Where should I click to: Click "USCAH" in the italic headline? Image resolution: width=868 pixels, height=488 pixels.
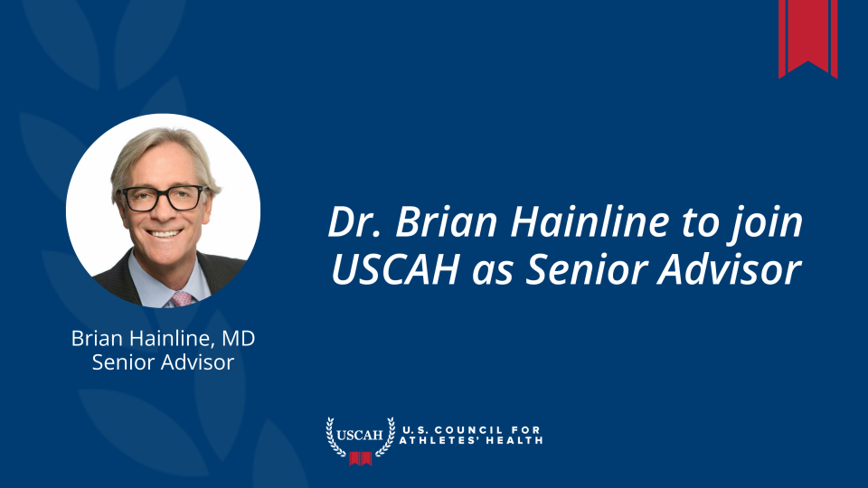pos(395,270)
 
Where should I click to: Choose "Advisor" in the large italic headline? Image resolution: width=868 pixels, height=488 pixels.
pos(730,269)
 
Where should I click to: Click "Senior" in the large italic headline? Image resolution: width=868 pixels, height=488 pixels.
pos(586,270)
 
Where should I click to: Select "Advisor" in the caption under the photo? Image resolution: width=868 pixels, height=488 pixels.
pos(198,362)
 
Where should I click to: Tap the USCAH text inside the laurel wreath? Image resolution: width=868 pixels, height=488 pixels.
pos(360,435)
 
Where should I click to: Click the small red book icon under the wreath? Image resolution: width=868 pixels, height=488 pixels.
pos(361,459)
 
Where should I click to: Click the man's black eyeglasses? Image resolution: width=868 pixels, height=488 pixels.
pos(163,198)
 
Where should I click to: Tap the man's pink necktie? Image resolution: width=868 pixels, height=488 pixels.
pos(182,299)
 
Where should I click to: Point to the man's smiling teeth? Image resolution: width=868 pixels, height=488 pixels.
pos(165,234)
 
